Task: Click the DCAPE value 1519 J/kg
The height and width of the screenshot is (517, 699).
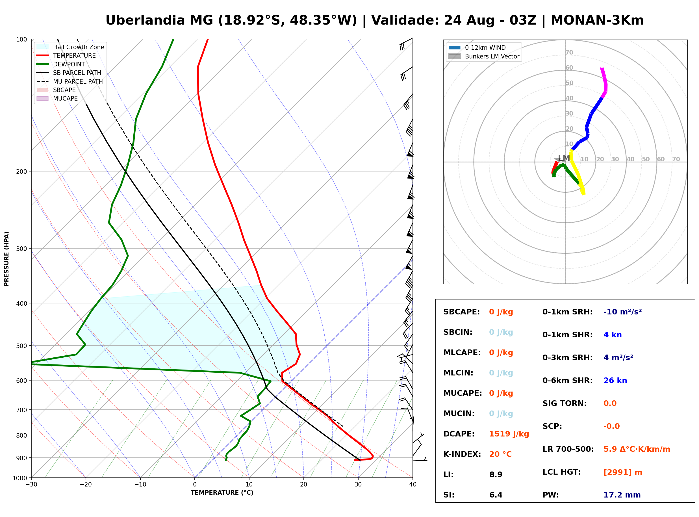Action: point(509,434)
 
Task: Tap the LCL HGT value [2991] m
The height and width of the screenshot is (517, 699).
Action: point(623,472)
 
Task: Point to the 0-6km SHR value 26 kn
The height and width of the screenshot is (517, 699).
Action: point(615,381)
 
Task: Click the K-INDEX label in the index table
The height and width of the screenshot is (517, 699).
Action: point(462,454)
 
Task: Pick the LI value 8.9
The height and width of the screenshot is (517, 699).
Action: point(496,475)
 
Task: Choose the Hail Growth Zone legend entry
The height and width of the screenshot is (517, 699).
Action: point(70,47)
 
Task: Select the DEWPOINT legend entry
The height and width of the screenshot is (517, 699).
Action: point(61,64)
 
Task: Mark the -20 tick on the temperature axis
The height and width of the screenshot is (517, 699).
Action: point(85,485)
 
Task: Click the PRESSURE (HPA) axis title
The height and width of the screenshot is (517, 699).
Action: point(6,259)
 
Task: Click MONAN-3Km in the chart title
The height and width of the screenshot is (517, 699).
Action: point(597,20)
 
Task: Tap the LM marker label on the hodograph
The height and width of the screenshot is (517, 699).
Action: point(564,158)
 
